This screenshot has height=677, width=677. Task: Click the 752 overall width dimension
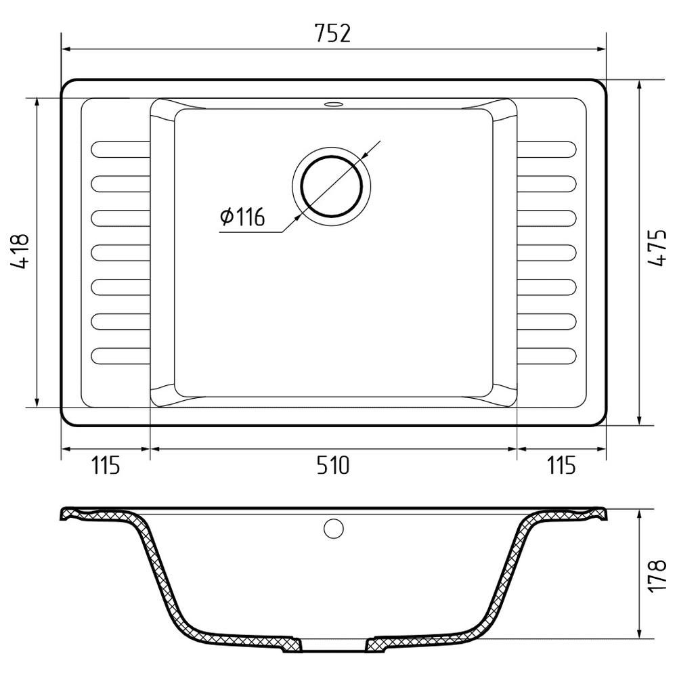(x=332, y=33)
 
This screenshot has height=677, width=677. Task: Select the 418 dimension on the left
(x=19, y=251)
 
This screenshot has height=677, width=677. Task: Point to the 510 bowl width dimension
(x=333, y=466)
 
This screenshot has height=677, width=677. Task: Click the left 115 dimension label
(x=106, y=466)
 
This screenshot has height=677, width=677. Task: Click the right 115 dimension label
(x=561, y=466)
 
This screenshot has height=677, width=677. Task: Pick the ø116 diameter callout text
(x=242, y=217)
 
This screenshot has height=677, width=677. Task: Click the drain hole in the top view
(x=331, y=186)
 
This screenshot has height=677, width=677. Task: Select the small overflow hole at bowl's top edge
(x=334, y=104)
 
